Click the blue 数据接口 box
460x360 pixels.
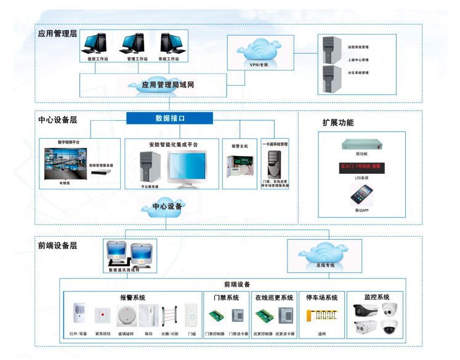169,118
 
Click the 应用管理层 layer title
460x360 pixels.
57,33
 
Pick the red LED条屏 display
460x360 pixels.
360,166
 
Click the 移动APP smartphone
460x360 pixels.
361,195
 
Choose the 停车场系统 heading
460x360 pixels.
322,298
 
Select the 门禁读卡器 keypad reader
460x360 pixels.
238,316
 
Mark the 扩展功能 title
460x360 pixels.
337,123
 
